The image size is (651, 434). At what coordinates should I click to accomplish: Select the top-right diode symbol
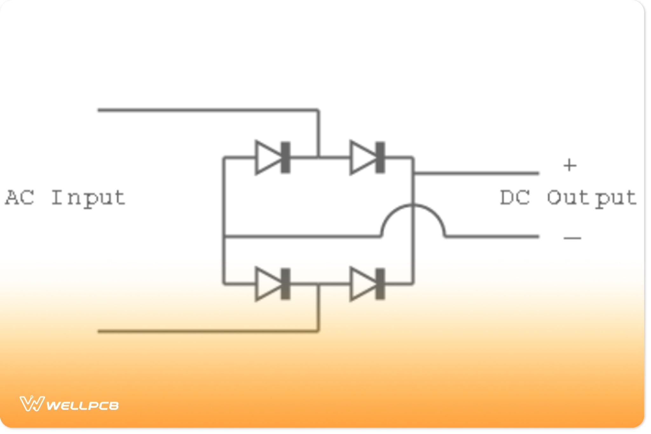[x=367, y=158]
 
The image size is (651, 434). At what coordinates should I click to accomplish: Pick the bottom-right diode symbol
[x=367, y=284]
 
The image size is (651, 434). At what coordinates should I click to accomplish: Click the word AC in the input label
[x=20, y=198]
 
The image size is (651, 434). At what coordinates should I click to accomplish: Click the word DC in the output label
[x=515, y=198]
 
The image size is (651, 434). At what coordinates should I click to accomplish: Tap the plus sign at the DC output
[x=570, y=165]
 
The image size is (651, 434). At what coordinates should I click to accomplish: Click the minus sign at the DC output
[x=572, y=238]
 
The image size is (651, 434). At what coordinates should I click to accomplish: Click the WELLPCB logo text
[x=83, y=405]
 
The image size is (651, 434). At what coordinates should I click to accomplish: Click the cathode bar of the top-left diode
[x=286, y=158]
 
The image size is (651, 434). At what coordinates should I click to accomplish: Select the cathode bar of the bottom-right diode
[x=380, y=284]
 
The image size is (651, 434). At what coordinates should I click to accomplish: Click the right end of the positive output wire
[x=538, y=173]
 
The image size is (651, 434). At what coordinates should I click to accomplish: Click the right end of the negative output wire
[x=538, y=236]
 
